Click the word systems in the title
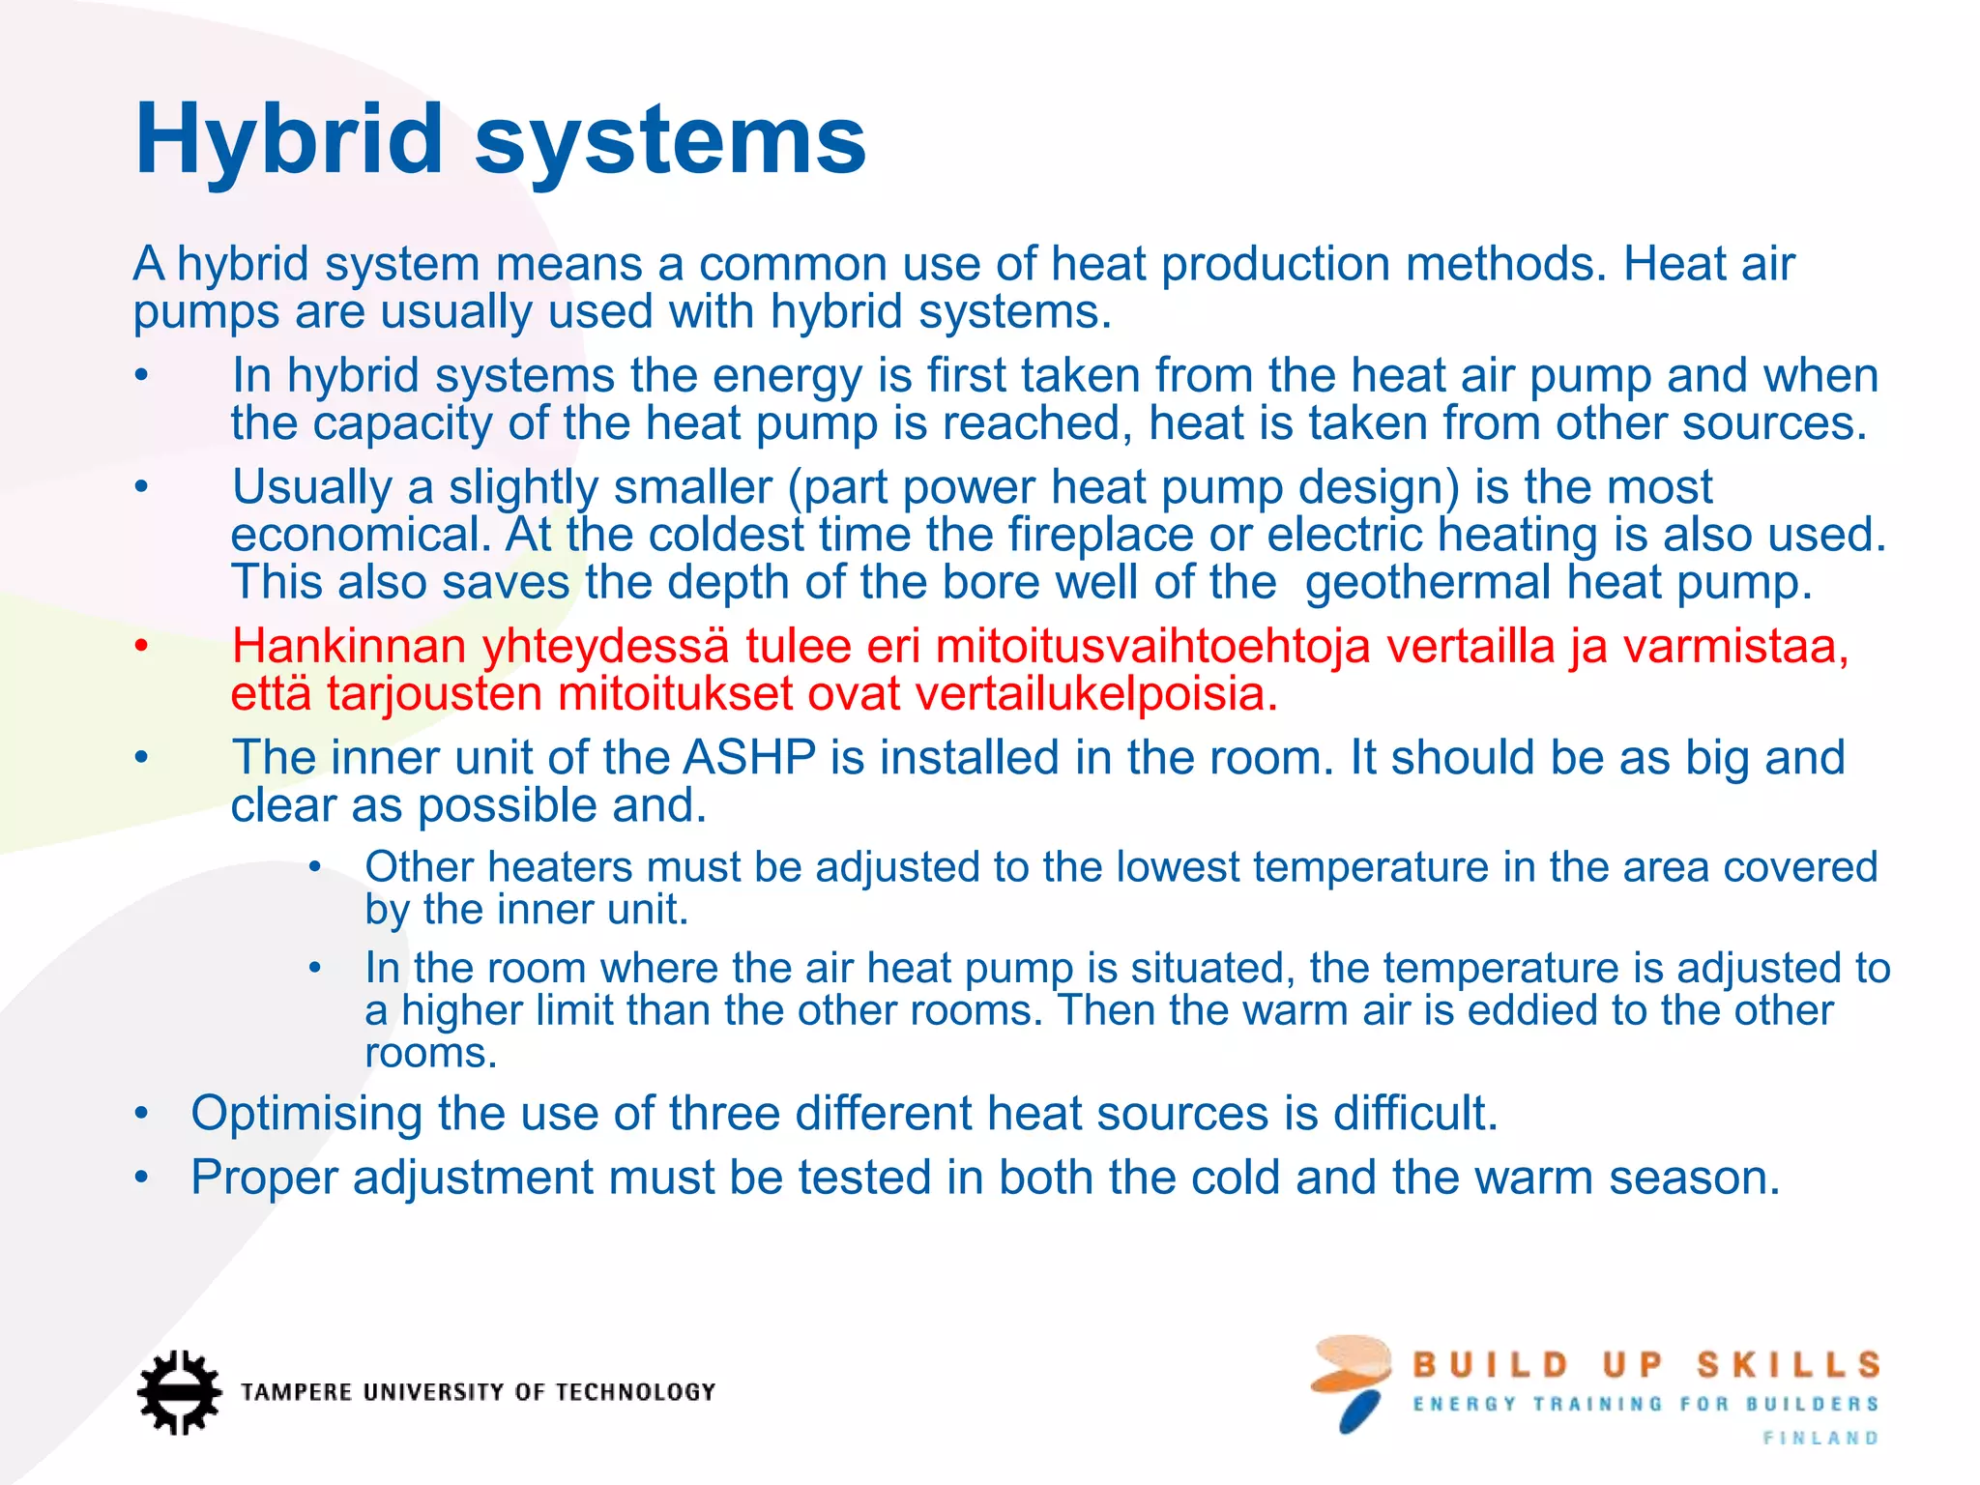[670, 142]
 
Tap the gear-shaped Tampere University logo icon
[178, 1391]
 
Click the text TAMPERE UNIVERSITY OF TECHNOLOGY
[478, 1392]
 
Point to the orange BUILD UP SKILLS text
[1645, 1365]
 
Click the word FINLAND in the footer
[1820, 1439]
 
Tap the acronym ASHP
[749, 758]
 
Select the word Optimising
[306, 1114]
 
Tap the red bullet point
[141, 646]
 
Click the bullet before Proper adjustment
[141, 1178]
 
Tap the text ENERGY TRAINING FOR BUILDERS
[1645, 1404]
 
